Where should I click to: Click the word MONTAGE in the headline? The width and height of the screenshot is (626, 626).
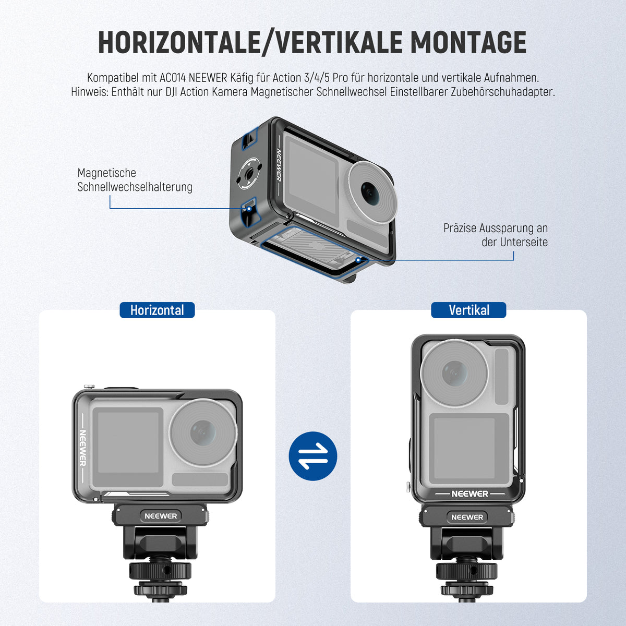tap(468, 42)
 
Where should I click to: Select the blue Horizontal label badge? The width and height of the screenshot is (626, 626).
tap(157, 310)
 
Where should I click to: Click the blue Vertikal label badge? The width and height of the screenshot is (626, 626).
tap(468, 310)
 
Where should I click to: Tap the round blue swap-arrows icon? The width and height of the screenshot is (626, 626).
tap(313, 456)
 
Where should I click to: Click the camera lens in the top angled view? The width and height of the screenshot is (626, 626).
tap(372, 192)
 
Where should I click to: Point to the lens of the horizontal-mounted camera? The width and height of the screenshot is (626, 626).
tap(203, 432)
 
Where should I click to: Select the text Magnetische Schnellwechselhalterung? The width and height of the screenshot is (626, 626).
tap(135, 179)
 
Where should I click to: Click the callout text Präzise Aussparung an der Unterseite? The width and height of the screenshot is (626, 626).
tap(496, 235)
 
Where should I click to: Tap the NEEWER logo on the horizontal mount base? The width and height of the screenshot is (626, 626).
tap(161, 516)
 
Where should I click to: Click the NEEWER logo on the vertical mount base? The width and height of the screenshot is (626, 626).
tap(467, 517)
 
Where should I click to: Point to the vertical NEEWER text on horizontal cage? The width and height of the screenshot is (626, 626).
tap(82, 448)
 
